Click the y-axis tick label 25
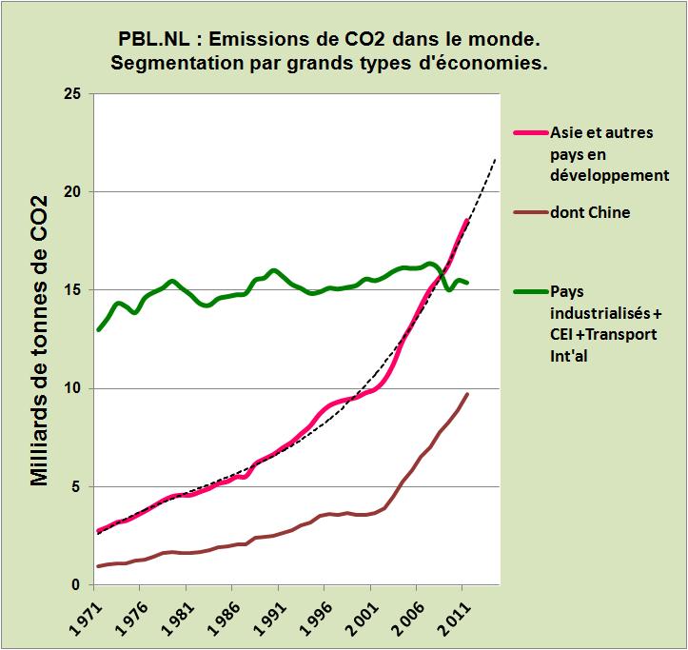(x=71, y=94)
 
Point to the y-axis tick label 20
(x=71, y=192)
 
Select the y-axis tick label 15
(x=71, y=290)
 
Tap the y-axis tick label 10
(x=71, y=388)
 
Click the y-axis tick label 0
(x=77, y=584)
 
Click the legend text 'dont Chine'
(x=590, y=213)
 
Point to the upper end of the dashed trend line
(x=496, y=159)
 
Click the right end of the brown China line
(x=467, y=394)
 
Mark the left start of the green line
(x=98, y=329)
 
